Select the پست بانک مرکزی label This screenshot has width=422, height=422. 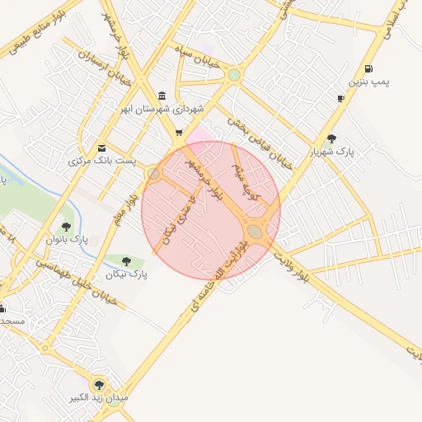coord(102,162)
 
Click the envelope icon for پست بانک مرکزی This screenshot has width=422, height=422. coord(101,148)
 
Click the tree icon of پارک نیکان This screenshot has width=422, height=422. coord(126,261)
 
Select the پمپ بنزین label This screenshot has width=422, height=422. coord(367,82)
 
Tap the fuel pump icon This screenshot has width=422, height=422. coord(367,68)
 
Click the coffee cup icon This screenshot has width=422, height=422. coord(340,99)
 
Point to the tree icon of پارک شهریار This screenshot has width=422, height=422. coord(331,138)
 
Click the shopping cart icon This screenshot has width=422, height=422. coord(179,132)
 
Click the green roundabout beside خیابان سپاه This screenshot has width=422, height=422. coord(234,75)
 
